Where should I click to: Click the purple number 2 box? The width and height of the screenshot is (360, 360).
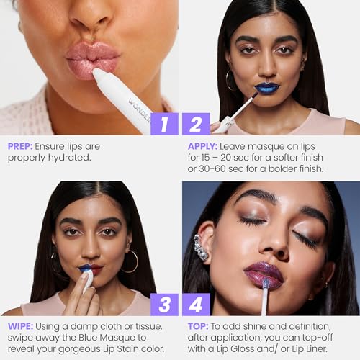click(x=196, y=124)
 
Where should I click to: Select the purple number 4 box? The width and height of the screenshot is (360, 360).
click(x=196, y=304)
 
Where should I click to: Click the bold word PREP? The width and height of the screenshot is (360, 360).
click(x=20, y=145)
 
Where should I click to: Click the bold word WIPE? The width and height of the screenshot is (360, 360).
click(x=20, y=325)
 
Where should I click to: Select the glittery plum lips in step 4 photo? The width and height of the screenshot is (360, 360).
click(x=264, y=274)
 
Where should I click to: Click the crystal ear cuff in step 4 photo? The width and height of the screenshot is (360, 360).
click(x=200, y=247)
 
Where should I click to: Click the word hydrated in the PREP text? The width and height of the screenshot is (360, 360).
click(x=73, y=157)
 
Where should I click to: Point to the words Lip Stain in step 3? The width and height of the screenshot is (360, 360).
click(x=123, y=348)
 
